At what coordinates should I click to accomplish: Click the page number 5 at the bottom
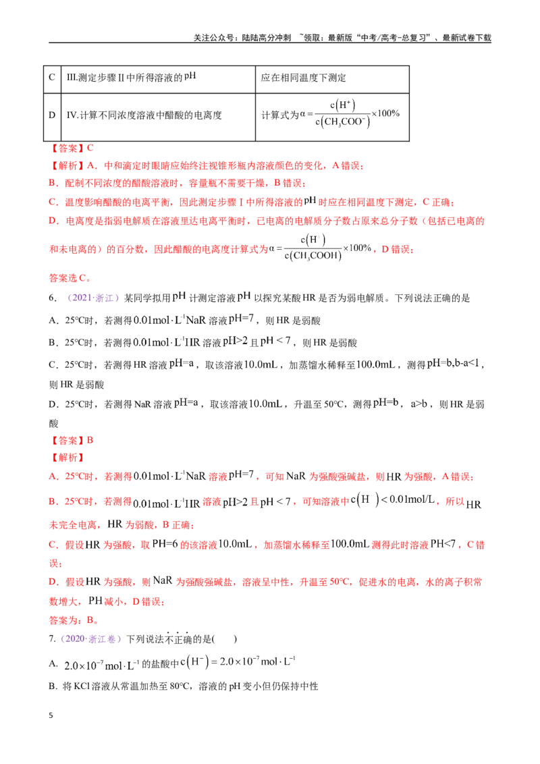pos(51,715)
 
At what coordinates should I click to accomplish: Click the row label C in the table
pos(52,77)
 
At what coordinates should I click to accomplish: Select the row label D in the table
pos(52,115)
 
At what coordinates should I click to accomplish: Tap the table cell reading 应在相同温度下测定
pos(303,78)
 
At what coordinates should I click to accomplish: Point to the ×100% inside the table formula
pos(385,113)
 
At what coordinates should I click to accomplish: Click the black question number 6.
pos(53,298)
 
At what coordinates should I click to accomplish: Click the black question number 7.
pos(52,638)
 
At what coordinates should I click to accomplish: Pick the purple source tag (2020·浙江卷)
pos(90,638)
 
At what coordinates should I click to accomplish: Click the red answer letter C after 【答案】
pos(90,148)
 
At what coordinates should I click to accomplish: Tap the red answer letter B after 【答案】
pos(90,440)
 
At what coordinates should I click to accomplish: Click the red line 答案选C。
pos(70,278)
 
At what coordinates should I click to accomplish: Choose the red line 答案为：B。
pos(74,620)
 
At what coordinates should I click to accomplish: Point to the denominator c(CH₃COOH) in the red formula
pos(313,256)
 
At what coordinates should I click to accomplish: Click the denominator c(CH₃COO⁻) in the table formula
pos(343,121)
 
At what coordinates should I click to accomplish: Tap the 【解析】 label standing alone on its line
pos(67,458)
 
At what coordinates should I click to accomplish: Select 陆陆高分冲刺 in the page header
pos(266,38)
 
